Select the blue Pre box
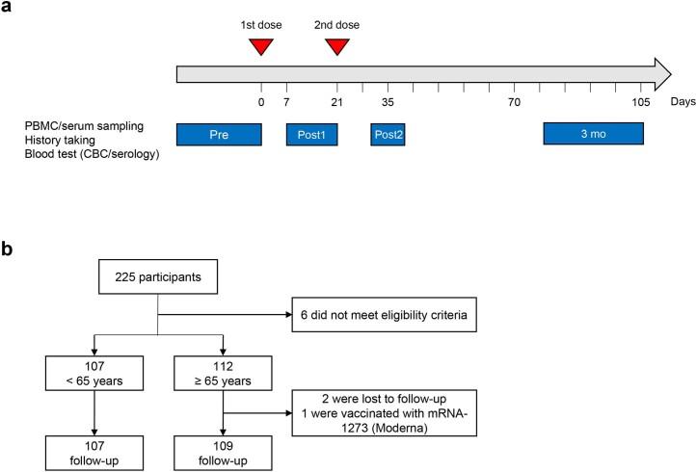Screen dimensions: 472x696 click(x=219, y=134)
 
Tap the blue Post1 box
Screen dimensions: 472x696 click(x=311, y=134)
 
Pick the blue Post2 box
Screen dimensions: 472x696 click(x=388, y=134)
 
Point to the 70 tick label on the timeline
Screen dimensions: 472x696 click(x=515, y=101)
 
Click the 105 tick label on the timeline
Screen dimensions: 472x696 click(x=641, y=101)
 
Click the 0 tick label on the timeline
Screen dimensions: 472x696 click(x=261, y=101)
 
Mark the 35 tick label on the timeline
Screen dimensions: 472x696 click(x=388, y=101)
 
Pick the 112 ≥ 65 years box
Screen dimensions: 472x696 click(x=223, y=370)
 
